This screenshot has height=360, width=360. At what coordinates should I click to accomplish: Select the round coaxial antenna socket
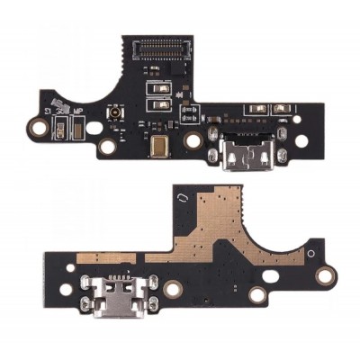(116, 118)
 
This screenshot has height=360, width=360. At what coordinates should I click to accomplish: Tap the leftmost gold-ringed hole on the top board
(40, 129)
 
